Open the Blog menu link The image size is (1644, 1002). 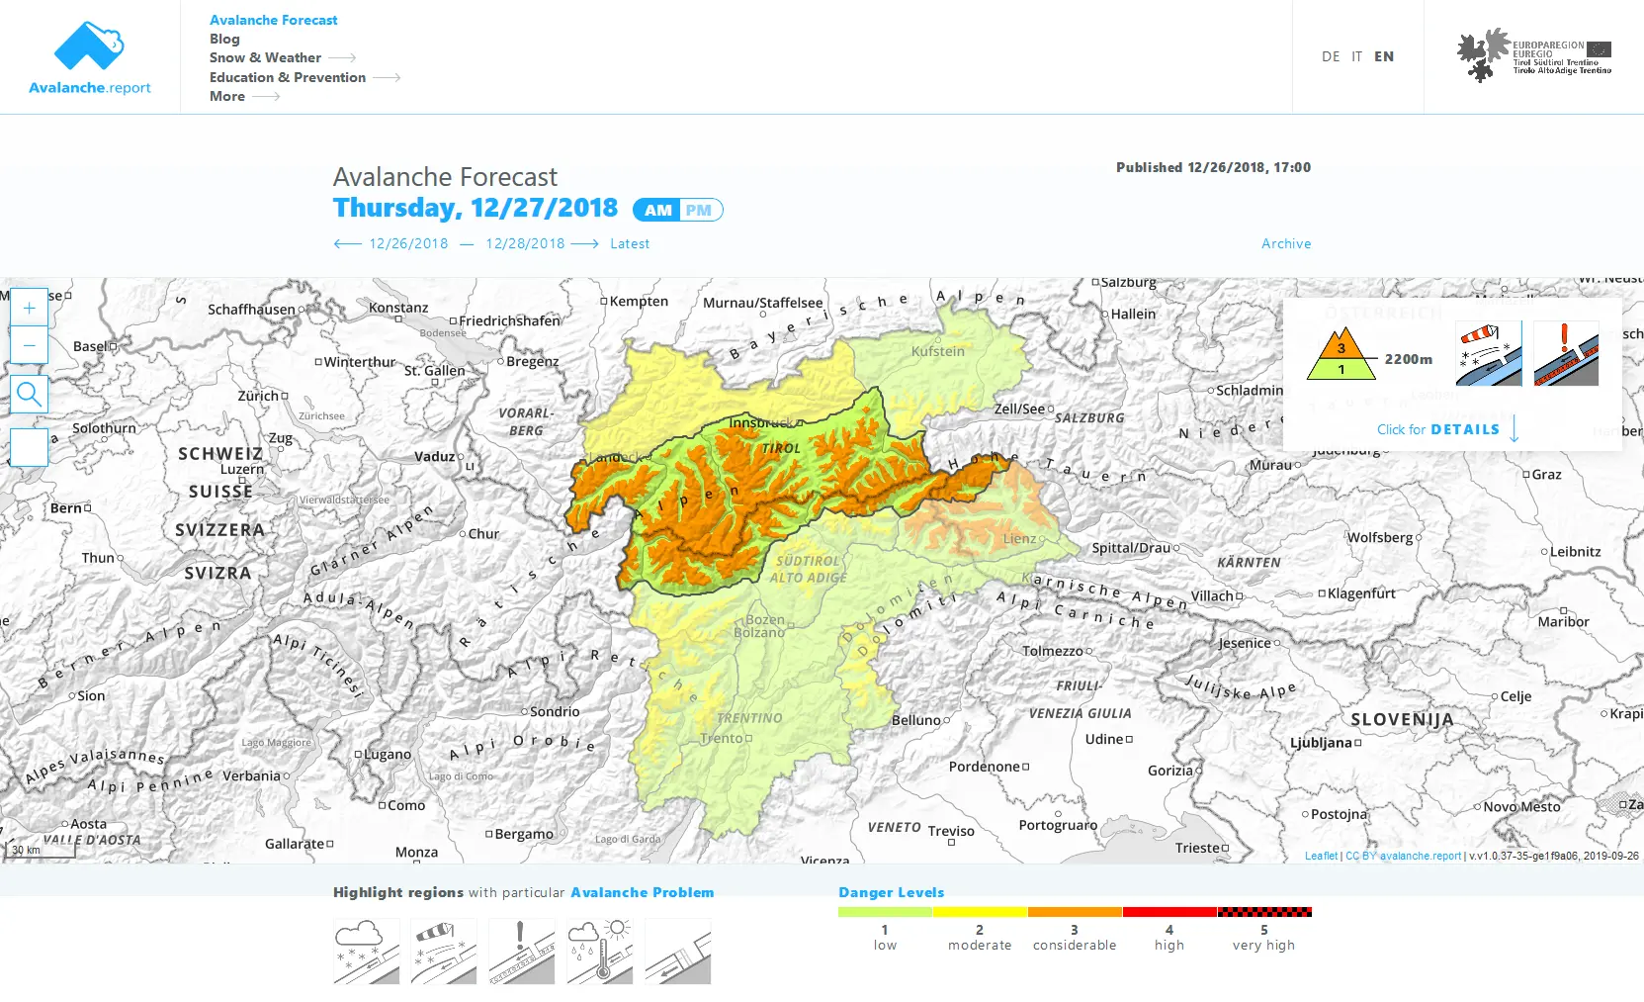coord(224,39)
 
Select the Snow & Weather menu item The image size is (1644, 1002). coord(265,57)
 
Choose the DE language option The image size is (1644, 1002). coord(1331,56)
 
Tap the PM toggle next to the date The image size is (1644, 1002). coord(699,210)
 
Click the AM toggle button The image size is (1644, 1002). coord(657,210)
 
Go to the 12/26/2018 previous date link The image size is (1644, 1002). coord(408,243)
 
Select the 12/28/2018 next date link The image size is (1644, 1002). coord(525,243)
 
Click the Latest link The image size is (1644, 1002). coord(630,243)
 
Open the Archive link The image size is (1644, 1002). coord(1286,243)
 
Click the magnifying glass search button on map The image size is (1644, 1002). coord(30,395)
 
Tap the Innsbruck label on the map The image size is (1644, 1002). coord(760,422)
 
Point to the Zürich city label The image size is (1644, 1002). coord(258,396)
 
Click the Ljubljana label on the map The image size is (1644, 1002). coord(1321,742)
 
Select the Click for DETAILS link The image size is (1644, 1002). coord(1438,429)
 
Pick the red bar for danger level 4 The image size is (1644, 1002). coord(1169,912)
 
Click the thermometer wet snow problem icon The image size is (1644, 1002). coord(600,951)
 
